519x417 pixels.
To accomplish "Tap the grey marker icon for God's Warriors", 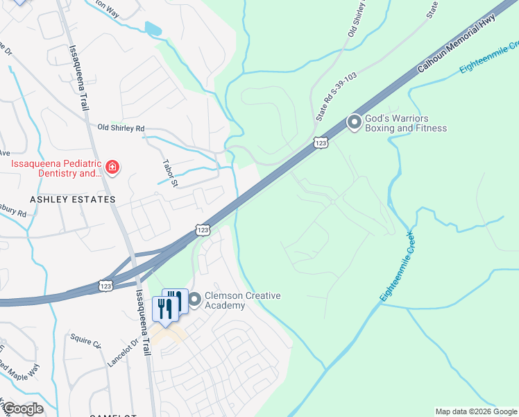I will [355, 123].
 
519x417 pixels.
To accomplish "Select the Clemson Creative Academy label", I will [234, 301].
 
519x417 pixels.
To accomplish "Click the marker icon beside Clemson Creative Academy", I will [194, 300].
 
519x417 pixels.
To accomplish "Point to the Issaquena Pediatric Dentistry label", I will [56, 169].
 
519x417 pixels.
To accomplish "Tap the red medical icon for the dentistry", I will [112, 167].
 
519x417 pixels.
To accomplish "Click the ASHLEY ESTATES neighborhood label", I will [73, 199].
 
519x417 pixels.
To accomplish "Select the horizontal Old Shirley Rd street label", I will [121, 128].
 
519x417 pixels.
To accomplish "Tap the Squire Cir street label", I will [85, 341].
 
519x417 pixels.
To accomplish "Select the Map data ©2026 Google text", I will [476, 411].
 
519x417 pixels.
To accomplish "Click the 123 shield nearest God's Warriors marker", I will [320, 142].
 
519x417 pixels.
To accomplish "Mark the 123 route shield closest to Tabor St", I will [202, 229].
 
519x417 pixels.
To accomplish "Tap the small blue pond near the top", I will [152, 28].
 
